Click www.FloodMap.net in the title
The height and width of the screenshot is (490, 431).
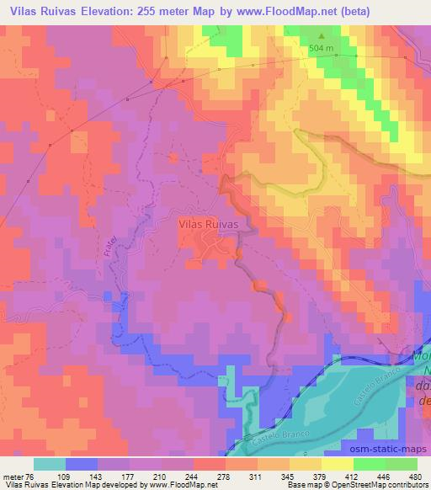click(x=282, y=10)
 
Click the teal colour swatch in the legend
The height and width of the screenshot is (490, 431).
click(x=50, y=463)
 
